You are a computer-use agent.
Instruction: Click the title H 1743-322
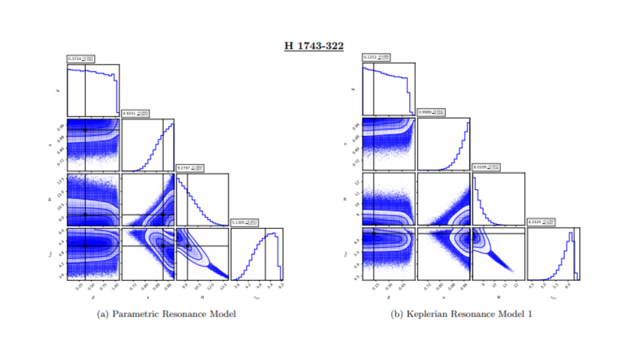tap(314, 46)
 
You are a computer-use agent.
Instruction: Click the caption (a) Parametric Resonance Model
tap(166, 314)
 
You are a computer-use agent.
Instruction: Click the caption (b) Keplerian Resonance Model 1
tap(461, 314)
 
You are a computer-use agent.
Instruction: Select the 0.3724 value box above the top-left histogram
tap(81, 59)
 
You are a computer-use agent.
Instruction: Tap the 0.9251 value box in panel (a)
tap(135, 113)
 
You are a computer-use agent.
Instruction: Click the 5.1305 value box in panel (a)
tap(244, 222)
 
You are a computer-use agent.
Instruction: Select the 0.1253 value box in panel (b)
tap(376, 57)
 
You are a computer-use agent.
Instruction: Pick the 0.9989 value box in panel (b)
tap(431, 112)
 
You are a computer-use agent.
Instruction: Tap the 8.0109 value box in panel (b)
tap(486, 167)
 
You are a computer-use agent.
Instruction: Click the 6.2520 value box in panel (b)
tap(541, 222)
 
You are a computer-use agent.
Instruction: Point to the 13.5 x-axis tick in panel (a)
tap(223, 286)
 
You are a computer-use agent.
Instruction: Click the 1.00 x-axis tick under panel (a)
tap(115, 286)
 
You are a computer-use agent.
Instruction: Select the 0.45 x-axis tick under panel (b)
tap(402, 286)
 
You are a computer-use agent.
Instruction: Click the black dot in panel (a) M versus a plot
tap(163, 215)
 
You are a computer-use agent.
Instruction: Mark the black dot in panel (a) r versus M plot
tap(187, 246)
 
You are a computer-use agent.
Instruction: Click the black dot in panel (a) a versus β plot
tap(85, 130)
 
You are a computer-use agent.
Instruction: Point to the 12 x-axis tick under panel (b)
tap(516, 285)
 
